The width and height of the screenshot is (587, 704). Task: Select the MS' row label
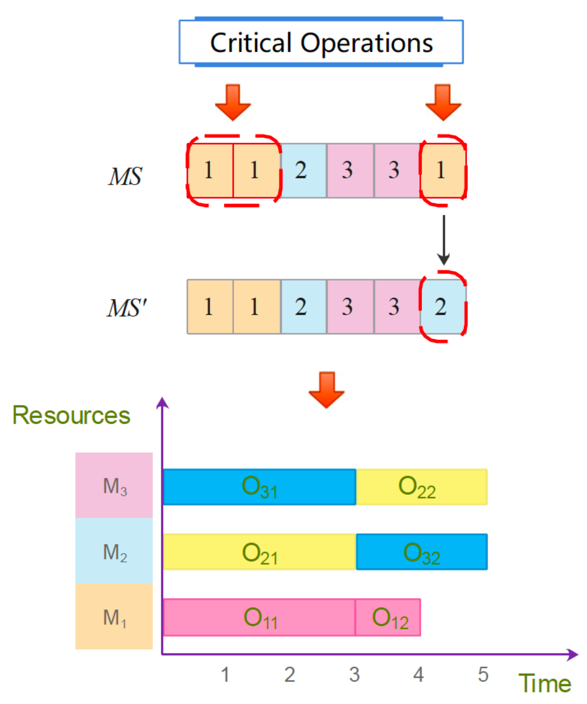pos(126,308)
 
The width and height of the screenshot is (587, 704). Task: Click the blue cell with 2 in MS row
pos(303,171)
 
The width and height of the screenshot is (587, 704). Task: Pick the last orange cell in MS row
pos(442,171)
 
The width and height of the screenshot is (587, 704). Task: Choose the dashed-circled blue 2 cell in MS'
pos(442,307)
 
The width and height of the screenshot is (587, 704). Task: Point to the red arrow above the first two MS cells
pos(233,102)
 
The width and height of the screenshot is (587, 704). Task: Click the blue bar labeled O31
pos(259,487)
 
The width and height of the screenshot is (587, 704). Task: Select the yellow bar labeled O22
pos(421,487)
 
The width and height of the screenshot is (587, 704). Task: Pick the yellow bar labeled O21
pos(259,552)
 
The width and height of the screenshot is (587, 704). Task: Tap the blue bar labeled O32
pos(421,552)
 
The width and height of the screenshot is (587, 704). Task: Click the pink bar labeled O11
pos(259,617)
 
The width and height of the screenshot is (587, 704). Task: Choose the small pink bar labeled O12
pos(388,617)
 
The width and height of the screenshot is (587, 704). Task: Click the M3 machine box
pos(114,485)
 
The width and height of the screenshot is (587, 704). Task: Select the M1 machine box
pos(114,616)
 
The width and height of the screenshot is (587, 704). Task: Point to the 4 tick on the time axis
pos(418,675)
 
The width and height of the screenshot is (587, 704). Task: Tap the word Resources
pos(71,415)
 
